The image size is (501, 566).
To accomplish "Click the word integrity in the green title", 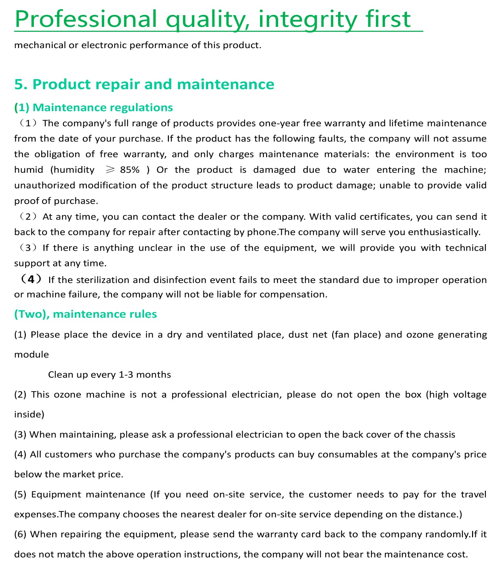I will tap(307, 19).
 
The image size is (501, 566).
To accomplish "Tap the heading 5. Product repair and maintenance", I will tap(144, 84).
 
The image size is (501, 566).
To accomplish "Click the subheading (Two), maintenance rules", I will tap(86, 314).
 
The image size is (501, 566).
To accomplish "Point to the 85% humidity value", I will tap(130, 170).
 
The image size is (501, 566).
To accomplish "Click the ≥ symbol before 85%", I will tap(110, 170).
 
